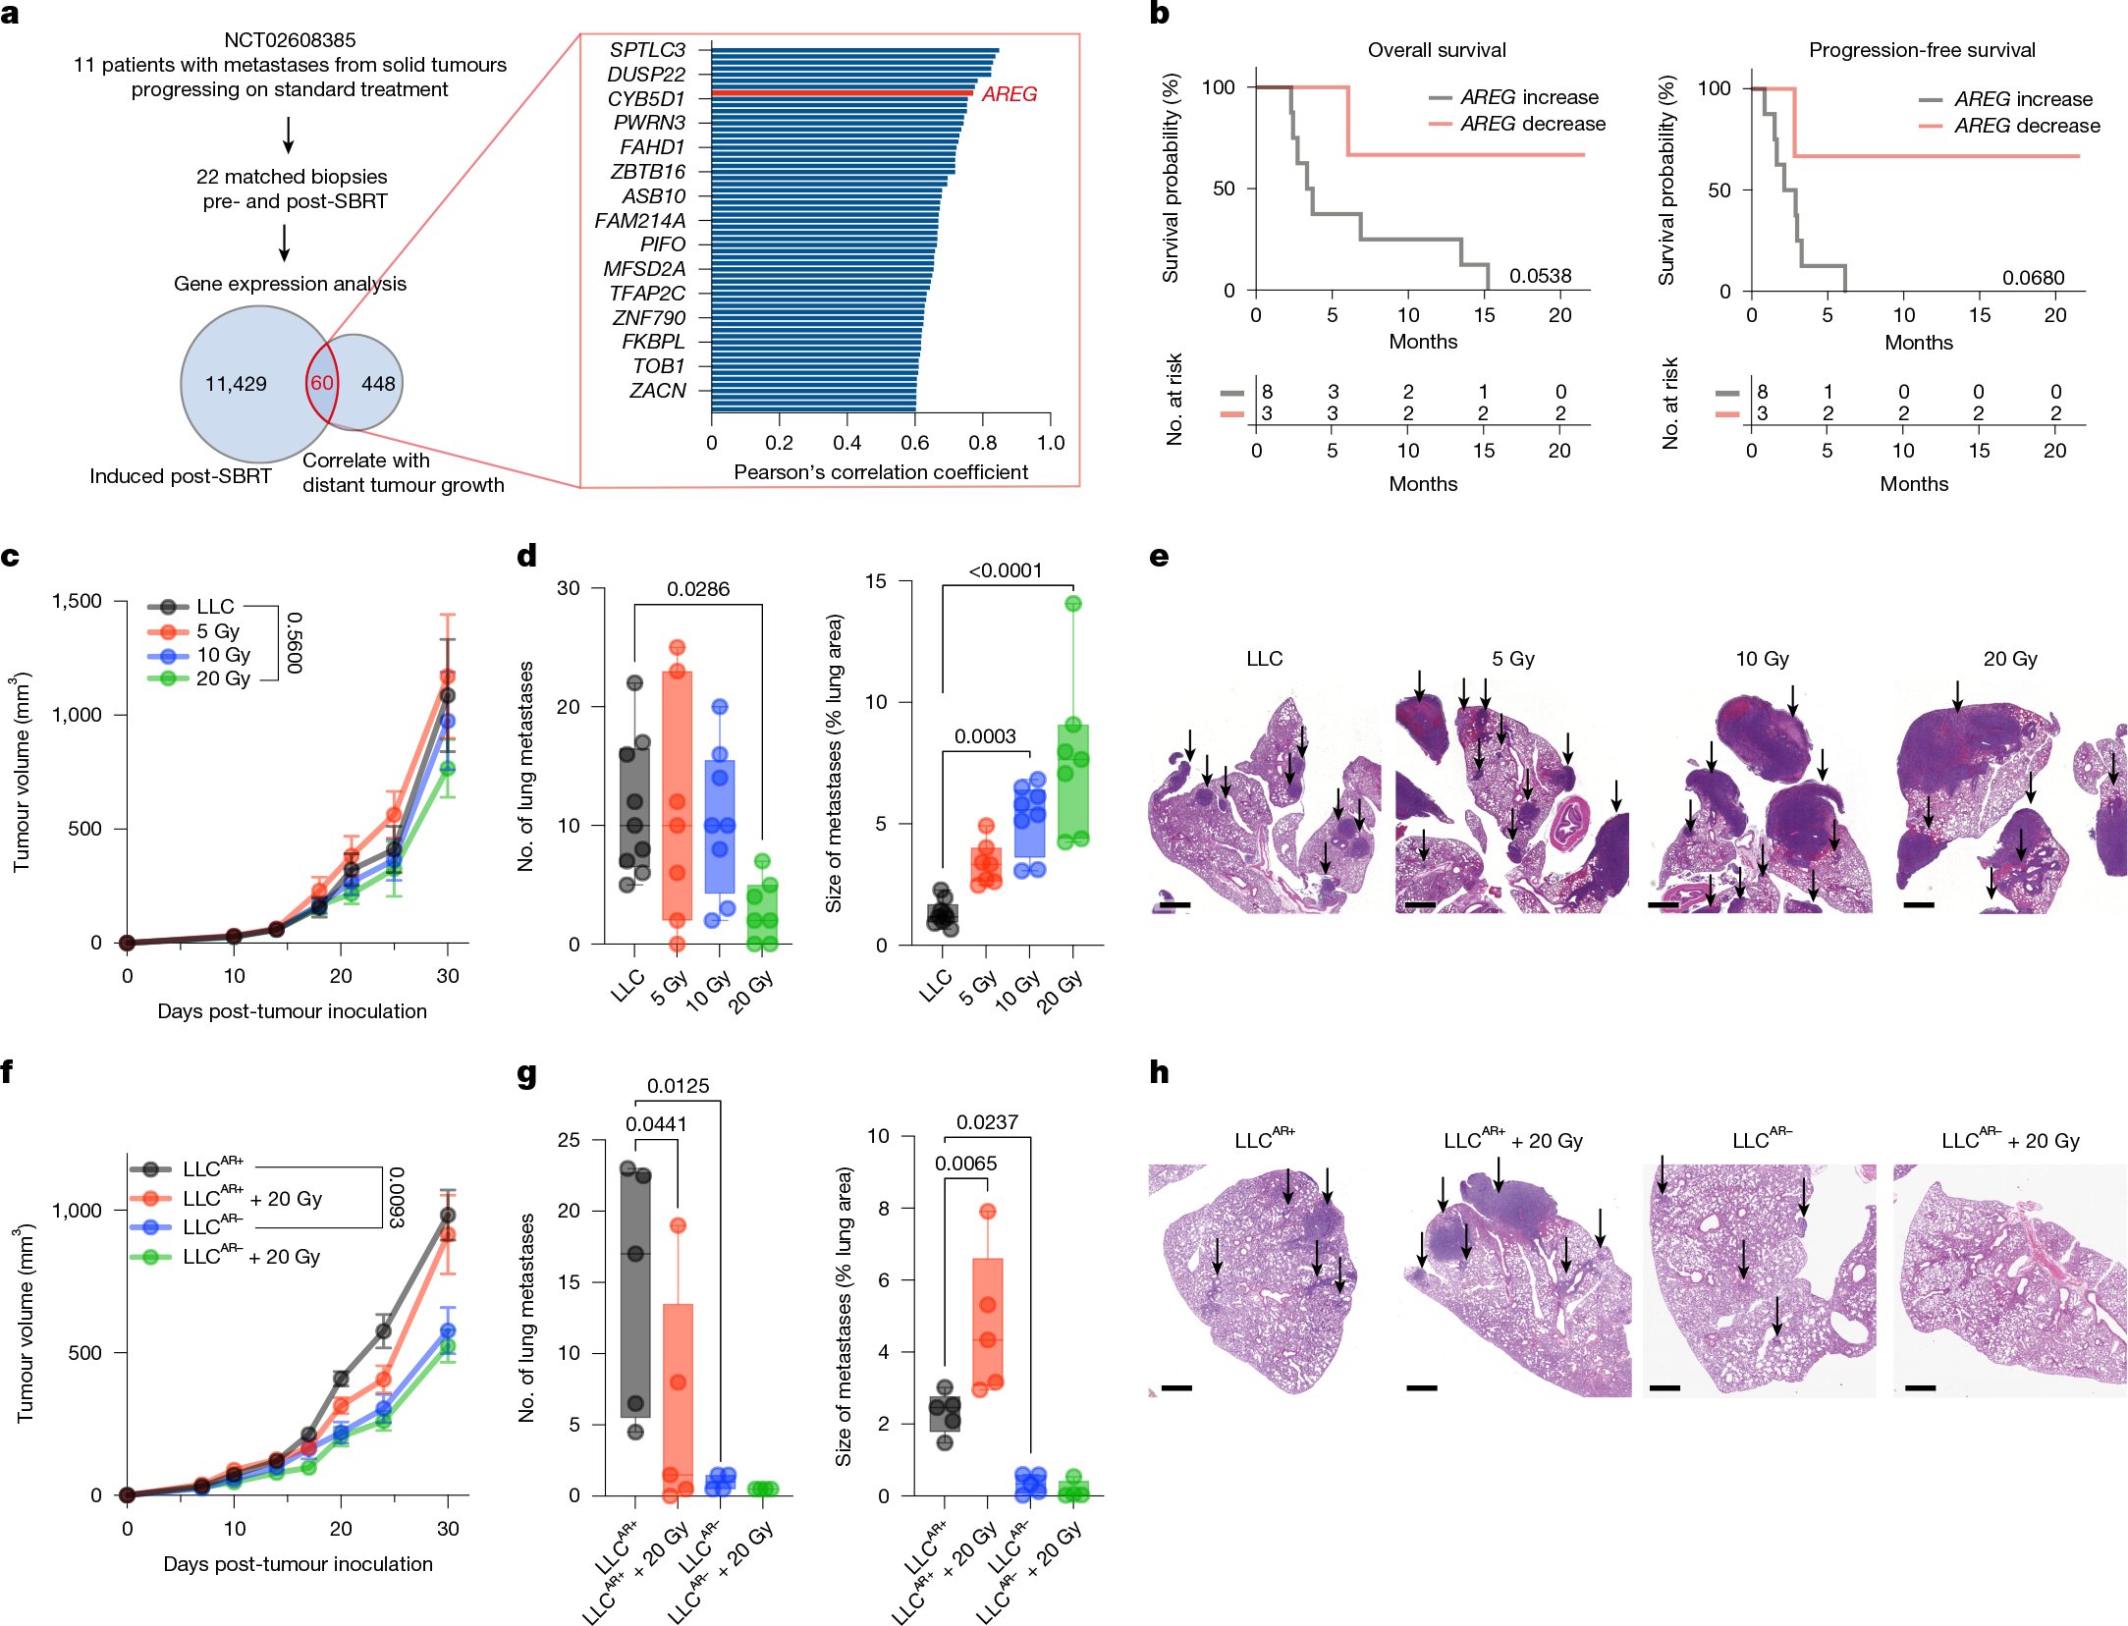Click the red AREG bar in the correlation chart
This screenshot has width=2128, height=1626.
842,93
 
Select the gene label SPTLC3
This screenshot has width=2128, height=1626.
646,49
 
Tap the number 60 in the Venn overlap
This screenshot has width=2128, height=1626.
322,384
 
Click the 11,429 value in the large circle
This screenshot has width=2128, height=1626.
236,384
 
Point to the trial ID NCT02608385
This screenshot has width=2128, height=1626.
290,40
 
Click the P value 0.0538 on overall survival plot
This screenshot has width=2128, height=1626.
1540,276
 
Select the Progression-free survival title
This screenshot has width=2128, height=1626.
1922,50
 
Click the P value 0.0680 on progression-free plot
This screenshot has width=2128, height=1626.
2033,278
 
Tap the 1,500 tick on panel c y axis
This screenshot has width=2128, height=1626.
77,601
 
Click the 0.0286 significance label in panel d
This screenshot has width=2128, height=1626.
698,589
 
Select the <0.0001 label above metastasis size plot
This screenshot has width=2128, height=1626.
1006,570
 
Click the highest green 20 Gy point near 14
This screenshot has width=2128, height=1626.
1073,604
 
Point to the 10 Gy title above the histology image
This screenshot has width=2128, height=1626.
1762,659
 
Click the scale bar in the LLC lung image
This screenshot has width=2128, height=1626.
1174,904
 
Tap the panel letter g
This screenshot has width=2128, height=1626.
527,1074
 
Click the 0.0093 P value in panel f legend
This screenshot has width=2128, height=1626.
396,1198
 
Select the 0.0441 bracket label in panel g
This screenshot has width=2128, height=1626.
656,1124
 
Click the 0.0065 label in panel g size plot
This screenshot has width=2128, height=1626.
965,1164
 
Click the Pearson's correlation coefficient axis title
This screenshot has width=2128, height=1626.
881,472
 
